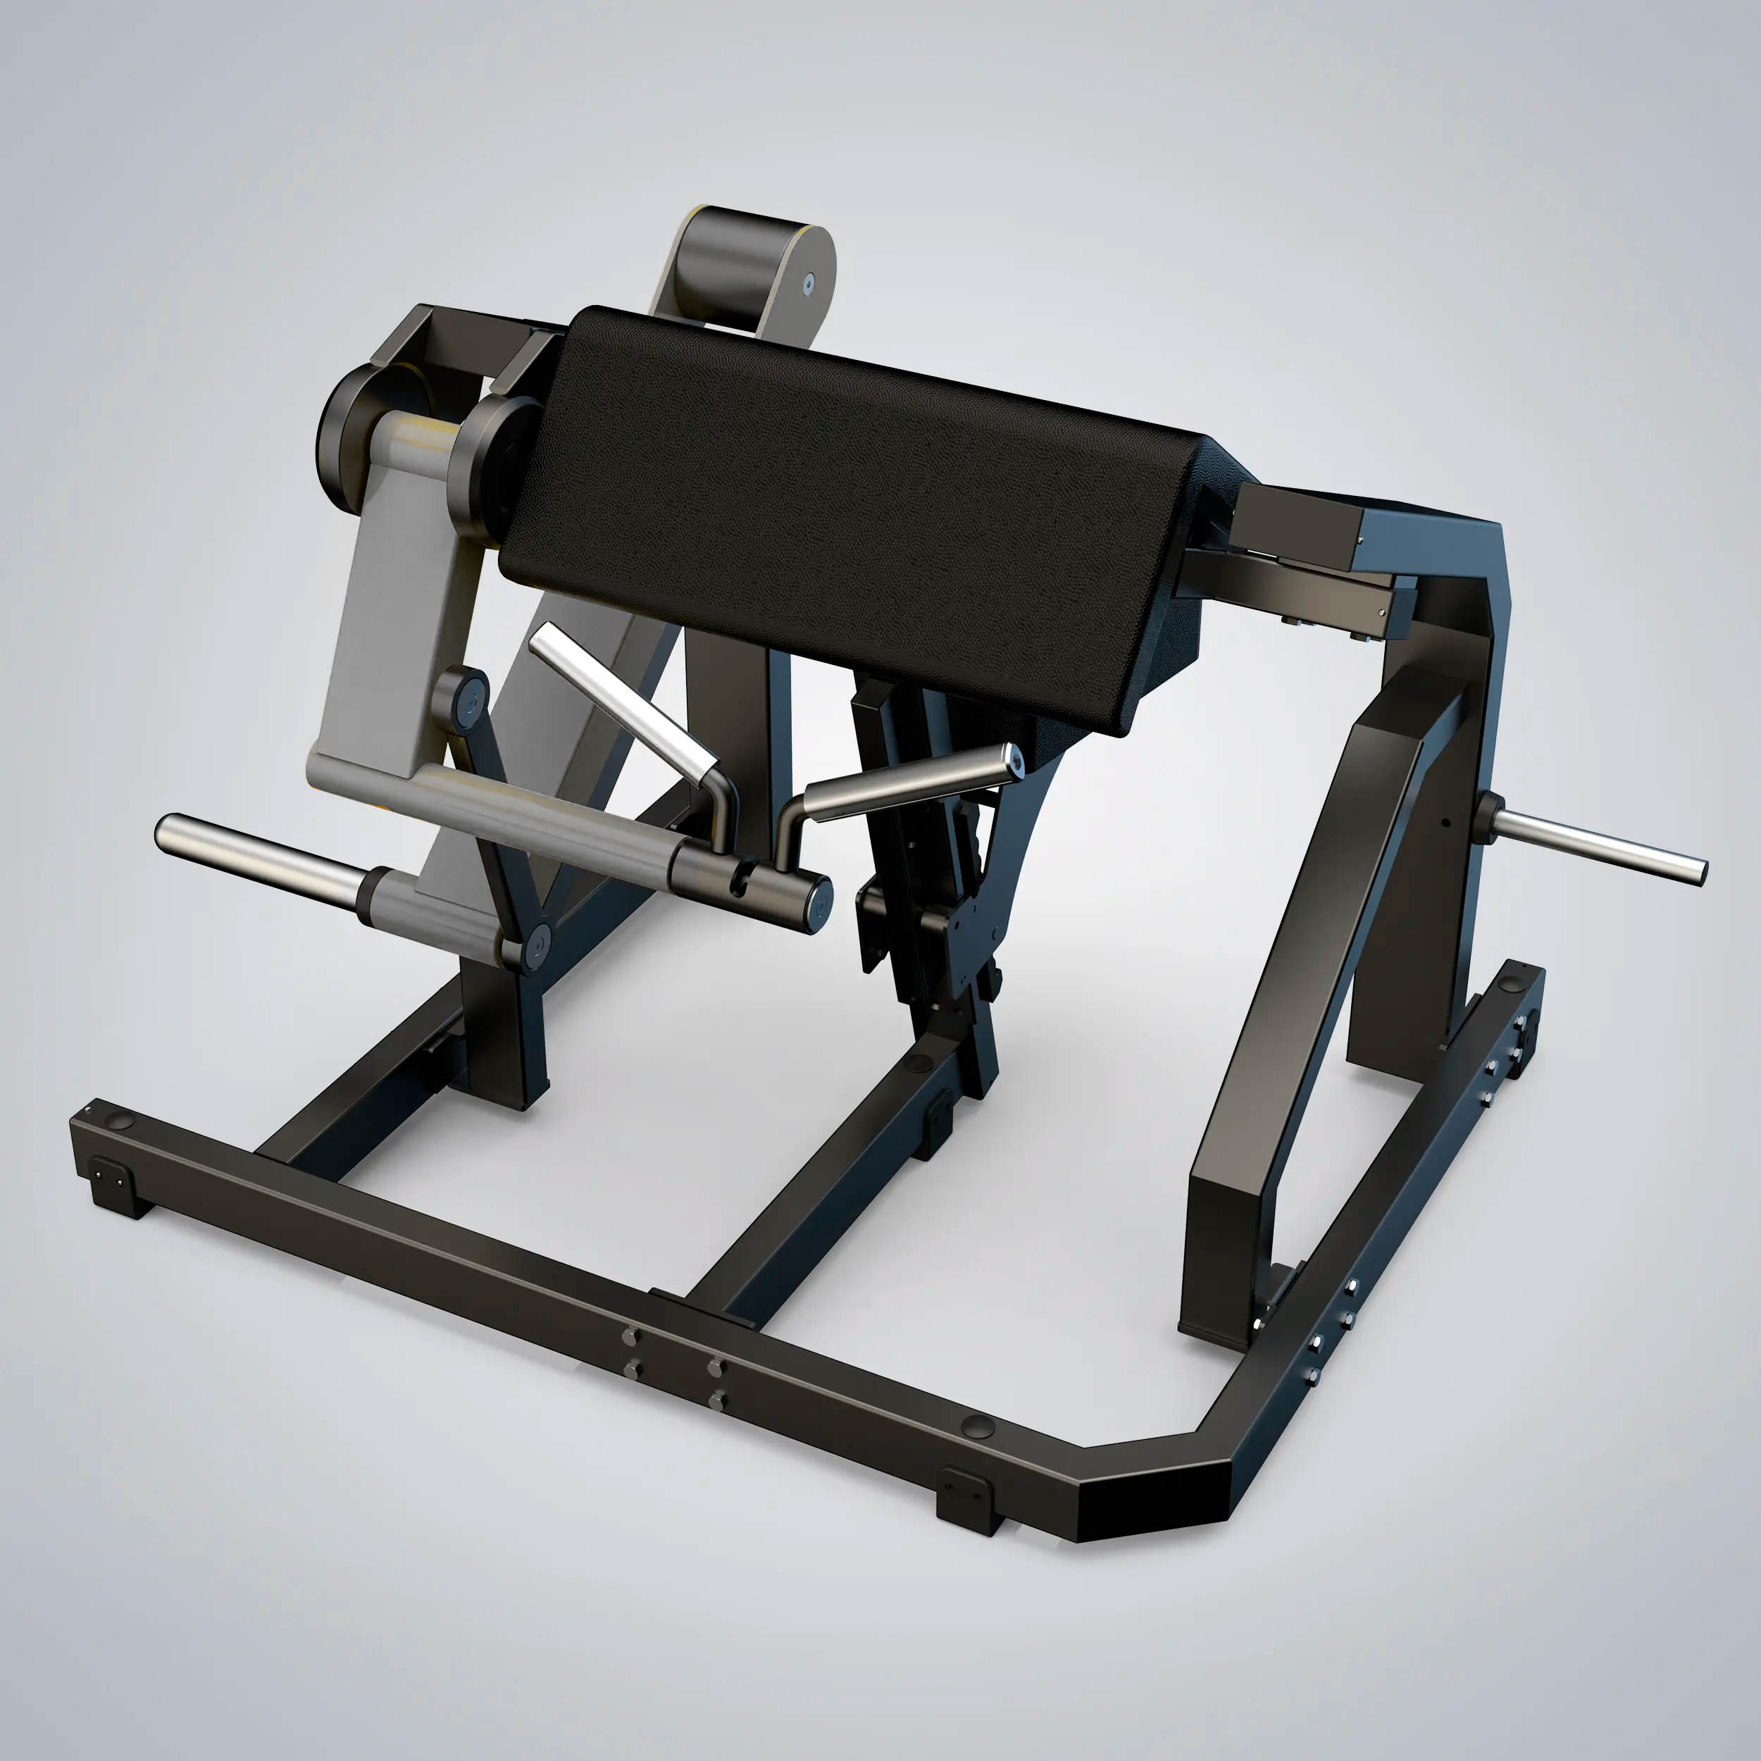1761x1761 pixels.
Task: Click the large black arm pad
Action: pyautogui.click(x=847, y=511)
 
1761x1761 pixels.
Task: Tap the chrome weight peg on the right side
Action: pyautogui.click(x=1604, y=847)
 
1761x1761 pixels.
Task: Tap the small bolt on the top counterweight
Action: pyautogui.click(x=807, y=285)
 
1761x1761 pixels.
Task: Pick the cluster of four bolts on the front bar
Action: pyautogui.click(x=673, y=1367)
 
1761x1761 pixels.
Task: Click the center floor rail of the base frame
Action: pyautogui.click(x=821, y=1194)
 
